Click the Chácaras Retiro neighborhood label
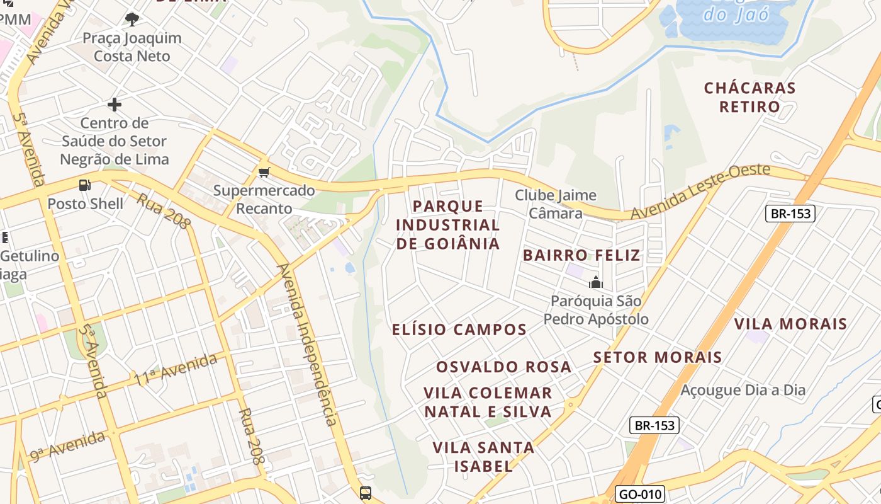(x=749, y=97)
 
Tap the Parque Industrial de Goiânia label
(x=448, y=225)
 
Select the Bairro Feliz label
(x=581, y=255)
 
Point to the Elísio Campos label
(x=459, y=329)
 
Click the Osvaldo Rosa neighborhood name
(x=504, y=367)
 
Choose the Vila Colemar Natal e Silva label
(x=488, y=403)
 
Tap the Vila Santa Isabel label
(x=483, y=457)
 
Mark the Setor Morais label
(x=658, y=357)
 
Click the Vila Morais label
(x=791, y=324)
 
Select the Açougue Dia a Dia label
(x=743, y=390)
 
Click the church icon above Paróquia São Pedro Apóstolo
(x=595, y=282)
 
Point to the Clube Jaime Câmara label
(x=556, y=204)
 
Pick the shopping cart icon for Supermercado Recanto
(x=264, y=172)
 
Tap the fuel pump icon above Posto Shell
(x=84, y=185)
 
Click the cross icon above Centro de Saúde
(x=114, y=104)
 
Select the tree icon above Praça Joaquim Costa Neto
(x=132, y=20)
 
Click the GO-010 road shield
(x=639, y=494)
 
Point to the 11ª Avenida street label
(x=176, y=370)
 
